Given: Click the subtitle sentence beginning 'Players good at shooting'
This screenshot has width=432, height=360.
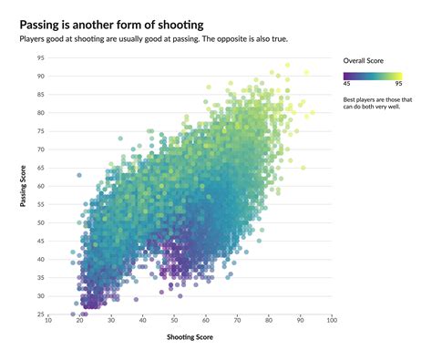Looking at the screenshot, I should click(170, 39).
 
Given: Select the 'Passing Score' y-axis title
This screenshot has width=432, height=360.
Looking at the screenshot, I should click(24, 186).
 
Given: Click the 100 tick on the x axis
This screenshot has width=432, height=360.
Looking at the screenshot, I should click(332, 321).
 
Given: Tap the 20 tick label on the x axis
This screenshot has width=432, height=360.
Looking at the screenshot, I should click(80, 321).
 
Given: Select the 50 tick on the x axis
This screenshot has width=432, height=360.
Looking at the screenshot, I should click(175, 321).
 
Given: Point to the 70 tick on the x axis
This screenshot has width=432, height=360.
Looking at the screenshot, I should click(238, 321).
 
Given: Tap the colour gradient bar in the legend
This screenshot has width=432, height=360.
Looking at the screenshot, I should click(378, 77).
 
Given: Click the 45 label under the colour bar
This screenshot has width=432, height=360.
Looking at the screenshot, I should click(348, 87).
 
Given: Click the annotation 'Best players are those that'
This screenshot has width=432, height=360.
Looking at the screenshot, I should click(378, 99).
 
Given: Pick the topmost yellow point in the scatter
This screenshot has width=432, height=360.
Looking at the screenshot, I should click(287, 66).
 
